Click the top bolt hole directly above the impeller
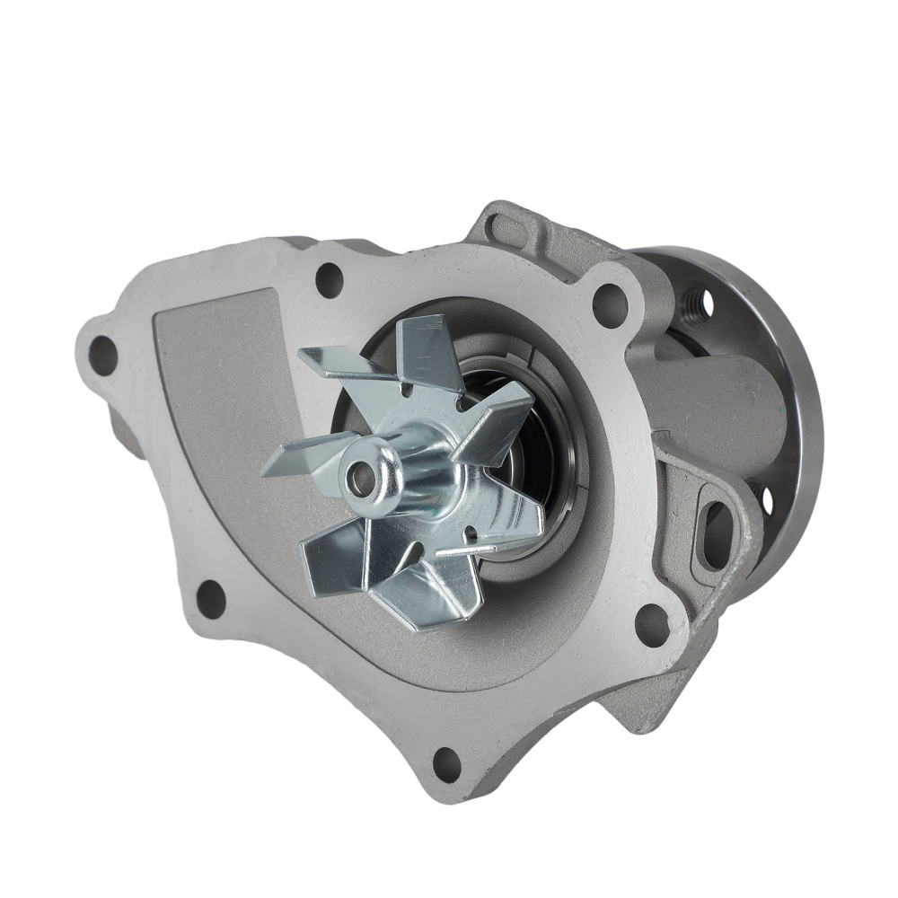[x=330, y=280]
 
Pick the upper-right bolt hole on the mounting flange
[x=610, y=304]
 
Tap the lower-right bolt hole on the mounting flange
[x=651, y=623]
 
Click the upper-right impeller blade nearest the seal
[x=498, y=413]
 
